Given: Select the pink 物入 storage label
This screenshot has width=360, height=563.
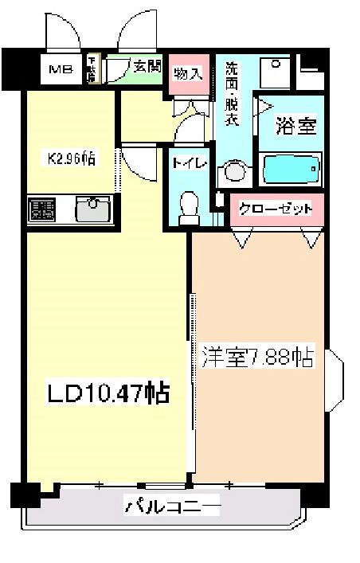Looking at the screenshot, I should pos(188,73).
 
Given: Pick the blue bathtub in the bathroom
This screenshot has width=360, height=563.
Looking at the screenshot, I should pos(292,170).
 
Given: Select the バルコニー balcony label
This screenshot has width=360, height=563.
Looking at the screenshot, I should pos(171,505).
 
